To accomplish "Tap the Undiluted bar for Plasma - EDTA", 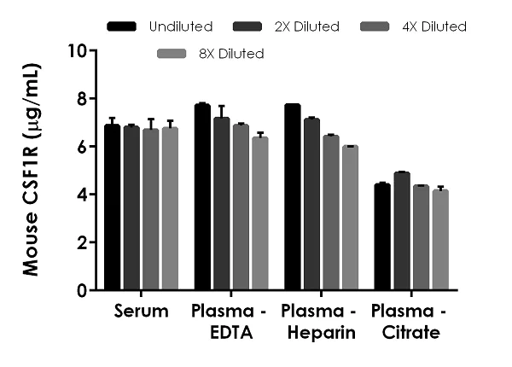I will pyautogui.click(x=202, y=197).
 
